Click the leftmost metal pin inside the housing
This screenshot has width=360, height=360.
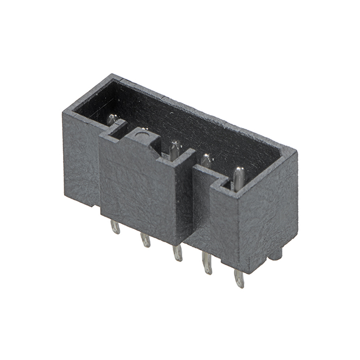(x=112, y=119)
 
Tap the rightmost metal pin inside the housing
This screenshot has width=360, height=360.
(x=239, y=177)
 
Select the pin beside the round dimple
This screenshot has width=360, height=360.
(x=175, y=150)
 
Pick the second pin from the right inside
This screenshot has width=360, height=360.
(x=206, y=162)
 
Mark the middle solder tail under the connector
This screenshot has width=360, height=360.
(x=177, y=253)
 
